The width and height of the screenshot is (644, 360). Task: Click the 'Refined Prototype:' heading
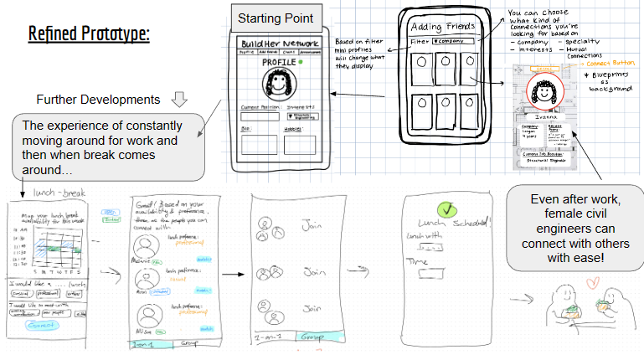(x=89, y=34)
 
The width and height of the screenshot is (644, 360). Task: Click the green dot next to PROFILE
(x=299, y=62)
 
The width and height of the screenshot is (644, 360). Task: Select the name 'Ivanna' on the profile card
(x=546, y=120)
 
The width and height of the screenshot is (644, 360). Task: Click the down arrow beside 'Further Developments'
(x=178, y=100)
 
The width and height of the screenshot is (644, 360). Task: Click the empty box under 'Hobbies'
(x=300, y=143)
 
